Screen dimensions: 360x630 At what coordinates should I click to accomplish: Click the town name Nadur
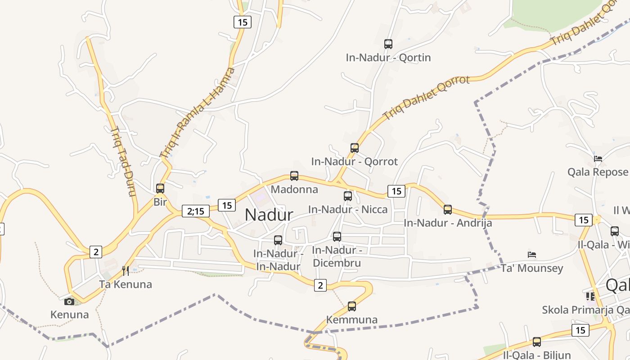[x=269, y=215]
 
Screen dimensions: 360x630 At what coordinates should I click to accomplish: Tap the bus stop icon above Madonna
[x=294, y=176]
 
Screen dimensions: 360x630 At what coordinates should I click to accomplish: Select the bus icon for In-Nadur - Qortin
[x=388, y=44]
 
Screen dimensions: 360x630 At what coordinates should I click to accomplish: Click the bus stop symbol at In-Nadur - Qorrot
[x=355, y=148]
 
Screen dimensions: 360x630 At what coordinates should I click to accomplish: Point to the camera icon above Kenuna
[x=69, y=301]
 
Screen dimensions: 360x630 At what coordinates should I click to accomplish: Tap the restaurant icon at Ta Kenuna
[x=126, y=270]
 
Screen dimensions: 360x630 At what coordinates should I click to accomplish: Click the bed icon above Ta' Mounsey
[x=532, y=255]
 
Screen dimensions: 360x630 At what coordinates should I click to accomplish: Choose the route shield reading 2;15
[x=196, y=211]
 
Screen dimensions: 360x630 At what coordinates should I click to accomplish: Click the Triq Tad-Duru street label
[x=123, y=162]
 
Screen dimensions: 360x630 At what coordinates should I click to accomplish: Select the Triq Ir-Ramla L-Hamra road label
[x=198, y=113]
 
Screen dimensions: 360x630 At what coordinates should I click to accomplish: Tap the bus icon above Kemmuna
[x=352, y=306]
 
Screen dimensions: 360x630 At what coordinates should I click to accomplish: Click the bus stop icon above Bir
[x=160, y=189]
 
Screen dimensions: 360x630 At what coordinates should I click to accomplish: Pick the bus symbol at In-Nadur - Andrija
[x=448, y=210]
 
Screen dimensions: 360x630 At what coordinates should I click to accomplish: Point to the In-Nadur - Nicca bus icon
[x=348, y=196]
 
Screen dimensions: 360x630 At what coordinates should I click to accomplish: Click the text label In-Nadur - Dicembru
[x=337, y=256]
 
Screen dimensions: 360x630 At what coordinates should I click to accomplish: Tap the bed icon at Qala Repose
[x=598, y=158]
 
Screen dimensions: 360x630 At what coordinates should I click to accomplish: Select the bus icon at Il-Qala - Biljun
[x=537, y=342]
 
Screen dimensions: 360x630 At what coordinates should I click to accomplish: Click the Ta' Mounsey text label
[x=532, y=269]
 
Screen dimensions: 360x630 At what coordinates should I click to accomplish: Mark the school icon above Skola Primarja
[x=590, y=296]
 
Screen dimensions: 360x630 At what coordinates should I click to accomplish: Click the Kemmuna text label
[x=352, y=320]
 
